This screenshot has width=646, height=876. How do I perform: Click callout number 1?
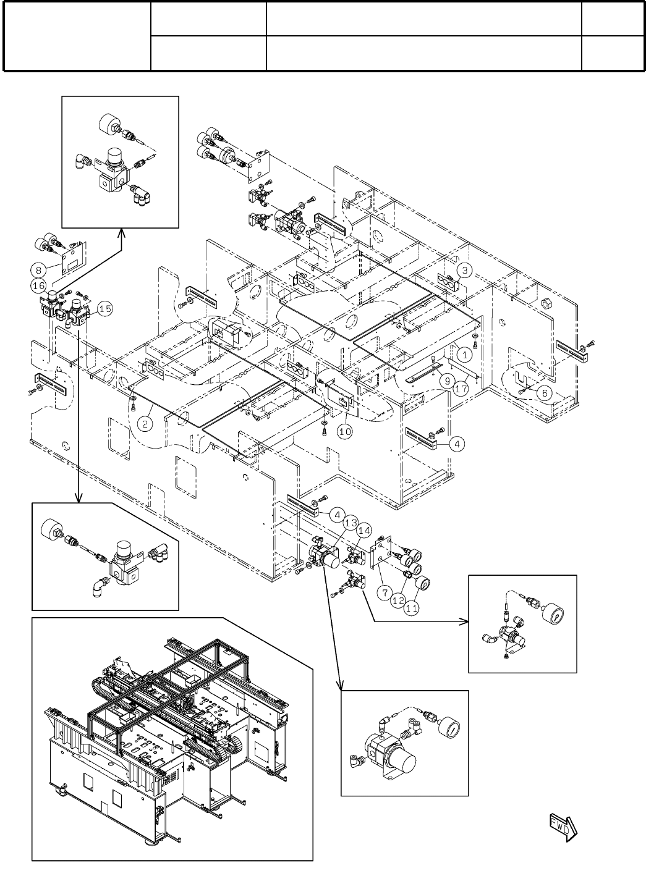pyautogui.click(x=465, y=355)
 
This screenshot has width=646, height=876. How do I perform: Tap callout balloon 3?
pyautogui.click(x=465, y=270)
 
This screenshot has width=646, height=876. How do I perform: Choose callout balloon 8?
pyautogui.click(x=38, y=269)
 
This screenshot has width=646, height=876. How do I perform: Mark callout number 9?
pyautogui.click(x=444, y=381)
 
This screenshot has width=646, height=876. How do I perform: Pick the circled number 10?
pyautogui.click(x=344, y=431)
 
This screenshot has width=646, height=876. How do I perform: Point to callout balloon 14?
pyautogui.click(x=364, y=530)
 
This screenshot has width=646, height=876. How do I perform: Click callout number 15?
pyautogui.click(x=105, y=309)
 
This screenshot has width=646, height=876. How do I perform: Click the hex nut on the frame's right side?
pyautogui.click(x=546, y=303)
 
